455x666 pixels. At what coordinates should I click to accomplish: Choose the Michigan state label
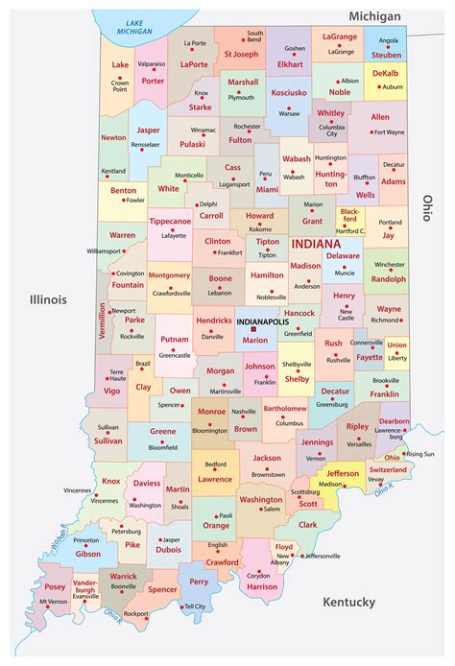[375, 17]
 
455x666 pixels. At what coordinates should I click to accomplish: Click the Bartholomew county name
[286, 409]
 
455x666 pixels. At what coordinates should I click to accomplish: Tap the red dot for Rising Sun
[403, 453]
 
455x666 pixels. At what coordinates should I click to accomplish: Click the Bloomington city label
[210, 431]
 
